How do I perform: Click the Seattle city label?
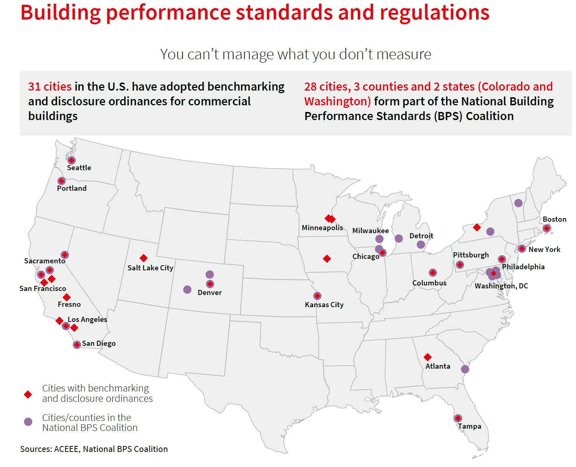click(79, 168)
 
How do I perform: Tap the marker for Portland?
click(62, 181)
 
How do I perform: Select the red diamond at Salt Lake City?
click(143, 258)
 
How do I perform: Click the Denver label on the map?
click(209, 292)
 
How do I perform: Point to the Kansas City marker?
click(317, 296)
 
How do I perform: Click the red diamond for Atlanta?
click(427, 357)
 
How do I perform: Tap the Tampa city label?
click(469, 426)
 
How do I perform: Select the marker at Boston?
click(546, 228)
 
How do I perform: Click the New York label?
click(544, 249)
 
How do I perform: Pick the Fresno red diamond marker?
click(66, 297)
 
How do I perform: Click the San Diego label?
click(98, 343)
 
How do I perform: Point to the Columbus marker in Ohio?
click(433, 273)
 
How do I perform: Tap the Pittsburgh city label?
click(471, 255)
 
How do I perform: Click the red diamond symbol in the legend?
click(28, 394)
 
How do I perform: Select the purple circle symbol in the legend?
click(28, 422)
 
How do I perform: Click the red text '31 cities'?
click(50, 87)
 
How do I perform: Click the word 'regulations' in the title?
click(434, 12)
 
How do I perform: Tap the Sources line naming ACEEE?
click(94, 449)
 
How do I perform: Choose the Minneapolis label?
click(322, 228)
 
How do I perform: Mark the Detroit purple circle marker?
click(421, 245)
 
